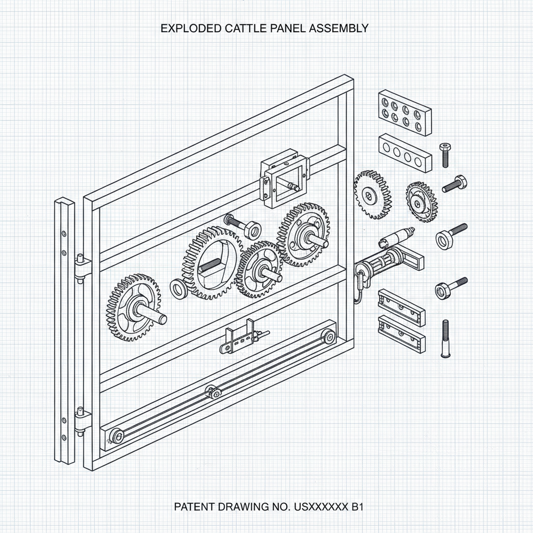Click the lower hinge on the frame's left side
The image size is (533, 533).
point(81,419)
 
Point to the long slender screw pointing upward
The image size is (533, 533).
point(445,339)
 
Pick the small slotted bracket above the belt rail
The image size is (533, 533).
point(242,339)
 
